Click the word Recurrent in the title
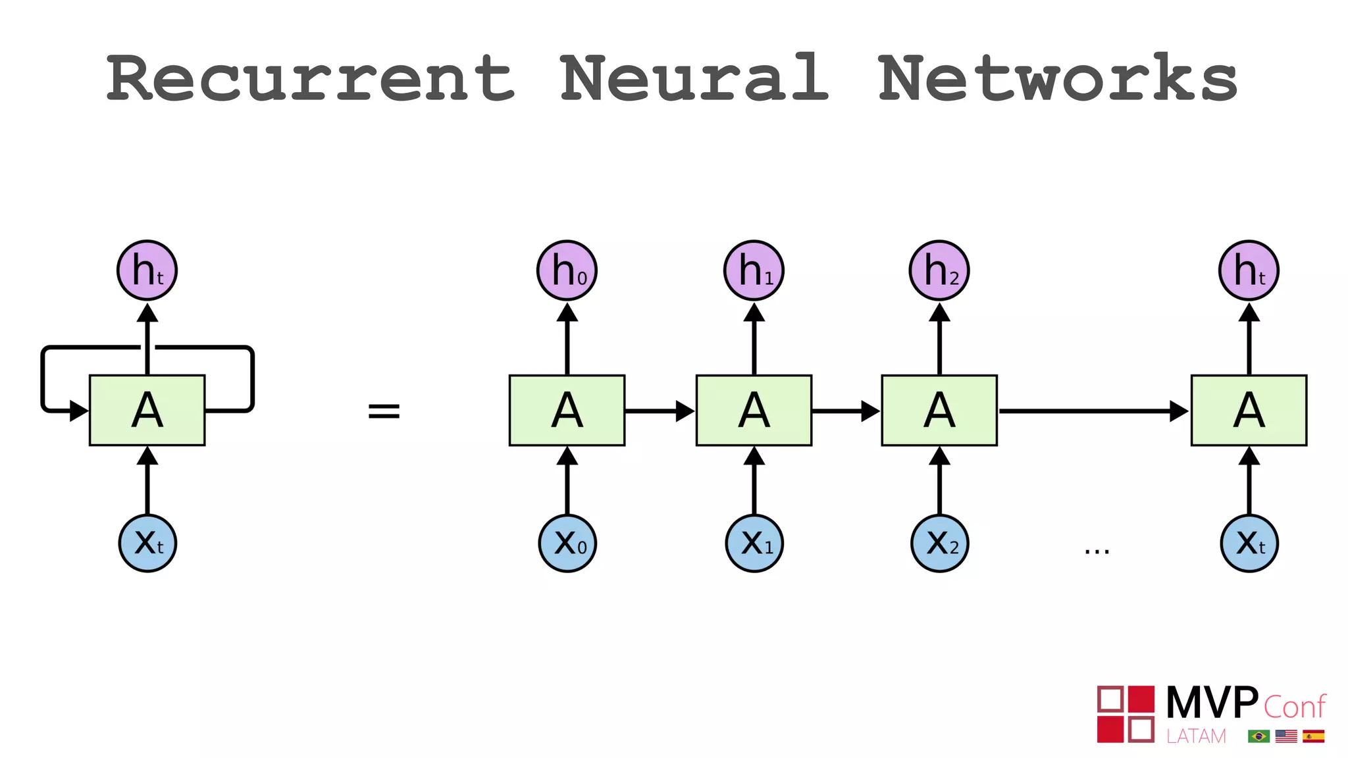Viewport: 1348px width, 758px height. point(309,79)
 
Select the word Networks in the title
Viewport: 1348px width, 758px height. point(1058,79)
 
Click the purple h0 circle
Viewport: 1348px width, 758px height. point(567,270)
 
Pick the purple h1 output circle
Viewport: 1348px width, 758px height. point(754,270)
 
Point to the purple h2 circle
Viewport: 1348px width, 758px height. point(939,270)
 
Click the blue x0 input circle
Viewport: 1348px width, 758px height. point(567,543)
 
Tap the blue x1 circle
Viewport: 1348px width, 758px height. point(754,543)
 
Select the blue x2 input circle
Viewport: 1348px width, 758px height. point(940,543)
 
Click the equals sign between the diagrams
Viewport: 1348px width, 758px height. point(384,411)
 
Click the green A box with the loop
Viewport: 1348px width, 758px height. point(147,411)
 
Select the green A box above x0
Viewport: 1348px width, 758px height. point(567,411)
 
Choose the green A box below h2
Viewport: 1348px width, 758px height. point(939,411)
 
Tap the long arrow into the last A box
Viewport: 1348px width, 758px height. point(1093,411)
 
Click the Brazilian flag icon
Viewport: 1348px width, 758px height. point(1258,736)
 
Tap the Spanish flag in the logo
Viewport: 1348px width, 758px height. point(1313,736)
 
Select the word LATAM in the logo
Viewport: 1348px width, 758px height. point(1196,736)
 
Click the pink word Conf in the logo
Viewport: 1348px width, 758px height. point(1294,707)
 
